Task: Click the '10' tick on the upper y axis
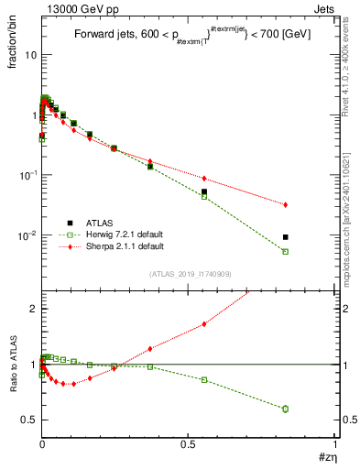point(29,55)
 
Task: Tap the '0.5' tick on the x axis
point(188,442)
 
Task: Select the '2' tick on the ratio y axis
point(33,309)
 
